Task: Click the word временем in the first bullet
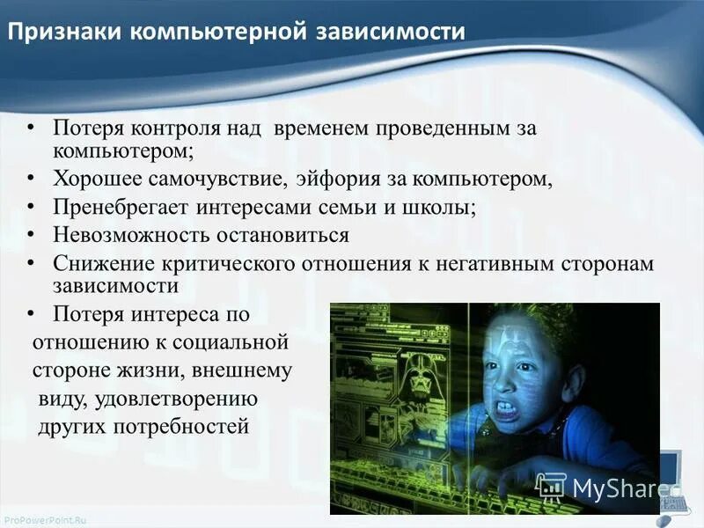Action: [321, 128]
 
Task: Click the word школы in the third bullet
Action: [440, 209]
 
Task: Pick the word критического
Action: [231, 263]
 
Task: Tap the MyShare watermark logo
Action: [607, 487]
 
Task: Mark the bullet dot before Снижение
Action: [32, 261]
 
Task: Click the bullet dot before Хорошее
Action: [32, 180]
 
